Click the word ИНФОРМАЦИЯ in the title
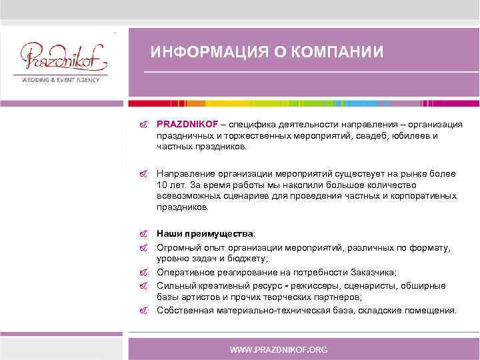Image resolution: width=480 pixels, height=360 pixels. point(201,53)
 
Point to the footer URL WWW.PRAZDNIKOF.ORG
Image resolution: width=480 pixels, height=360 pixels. point(278,349)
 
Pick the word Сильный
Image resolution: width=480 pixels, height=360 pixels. point(175,285)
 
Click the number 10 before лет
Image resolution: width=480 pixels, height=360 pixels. point(162,185)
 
